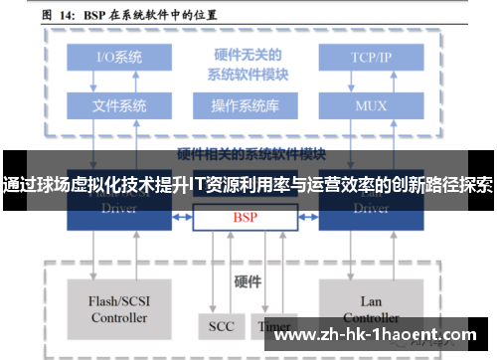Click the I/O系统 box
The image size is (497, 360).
coord(118,57)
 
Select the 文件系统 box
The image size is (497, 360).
coord(118,104)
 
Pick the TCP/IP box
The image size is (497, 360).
coord(372,57)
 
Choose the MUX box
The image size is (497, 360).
coord(372,104)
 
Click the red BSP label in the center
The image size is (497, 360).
coord(246,216)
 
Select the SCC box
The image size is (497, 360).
coord(222,325)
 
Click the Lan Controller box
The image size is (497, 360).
coord(371,309)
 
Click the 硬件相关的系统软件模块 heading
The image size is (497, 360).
coord(251,153)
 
